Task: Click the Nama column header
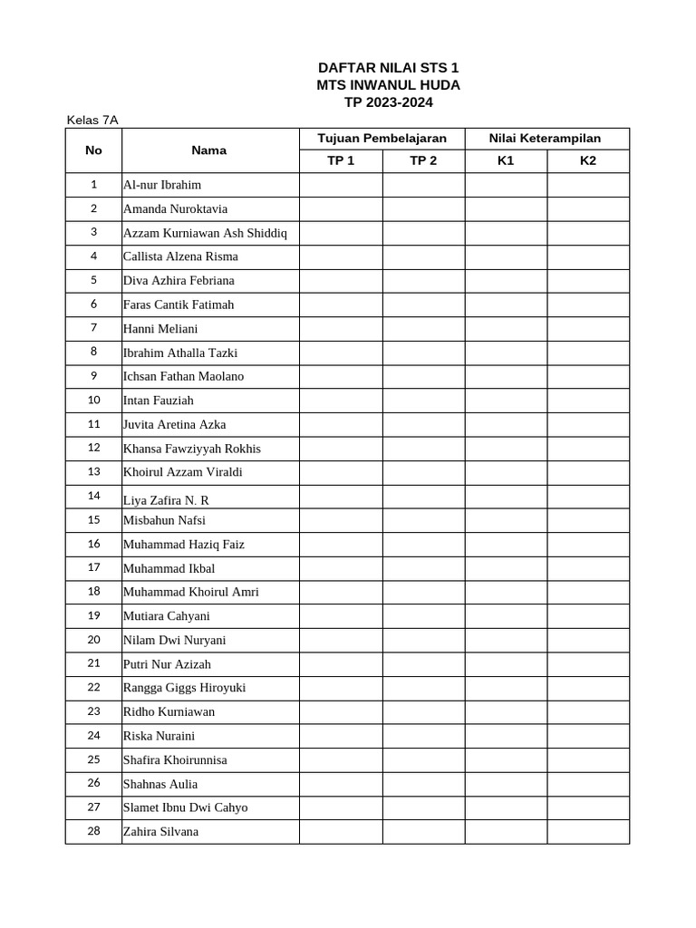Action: [208, 150]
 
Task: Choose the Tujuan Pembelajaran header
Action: [382, 139]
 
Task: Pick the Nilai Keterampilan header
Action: [545, 139]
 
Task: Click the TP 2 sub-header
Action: [423, 161]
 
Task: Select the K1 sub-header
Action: [506, 161]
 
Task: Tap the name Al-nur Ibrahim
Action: [162, 185]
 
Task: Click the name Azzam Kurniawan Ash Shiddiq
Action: [205, 233]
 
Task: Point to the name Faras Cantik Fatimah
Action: [179, 304]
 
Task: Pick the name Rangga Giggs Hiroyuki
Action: [184, 688]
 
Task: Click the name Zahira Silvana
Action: [160, 831]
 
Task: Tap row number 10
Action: [93, 400]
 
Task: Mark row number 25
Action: [93, 759]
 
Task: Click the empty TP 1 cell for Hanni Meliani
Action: [341, 328]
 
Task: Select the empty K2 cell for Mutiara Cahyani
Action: [588, 616]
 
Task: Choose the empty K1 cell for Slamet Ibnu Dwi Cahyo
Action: [506, 807]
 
